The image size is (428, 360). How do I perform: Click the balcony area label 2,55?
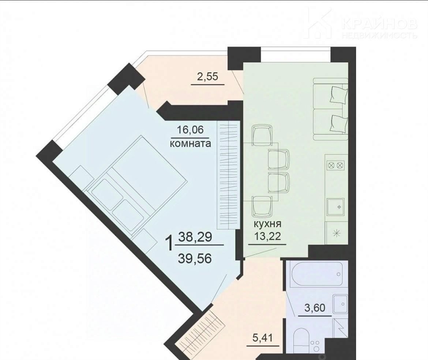[207, 77]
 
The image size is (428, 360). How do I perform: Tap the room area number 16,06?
[190, 130]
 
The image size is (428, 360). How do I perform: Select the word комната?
[190, 143]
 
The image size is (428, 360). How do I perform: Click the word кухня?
[267, 224]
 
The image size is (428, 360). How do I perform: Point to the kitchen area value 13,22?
[267, 236]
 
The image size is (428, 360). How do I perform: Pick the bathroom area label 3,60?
[315, 308]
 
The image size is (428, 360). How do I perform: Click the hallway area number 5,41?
[262, 338]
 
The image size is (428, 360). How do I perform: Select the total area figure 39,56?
[195, 258]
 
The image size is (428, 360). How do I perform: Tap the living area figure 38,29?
[195, 237]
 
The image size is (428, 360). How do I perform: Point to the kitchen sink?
[336, 207]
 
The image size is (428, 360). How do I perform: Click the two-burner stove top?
[336, 165]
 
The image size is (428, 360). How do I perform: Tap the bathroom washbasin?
[340, 304]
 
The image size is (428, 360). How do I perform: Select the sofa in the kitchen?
[331, 109]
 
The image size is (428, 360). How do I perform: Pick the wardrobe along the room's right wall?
[228, 175]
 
